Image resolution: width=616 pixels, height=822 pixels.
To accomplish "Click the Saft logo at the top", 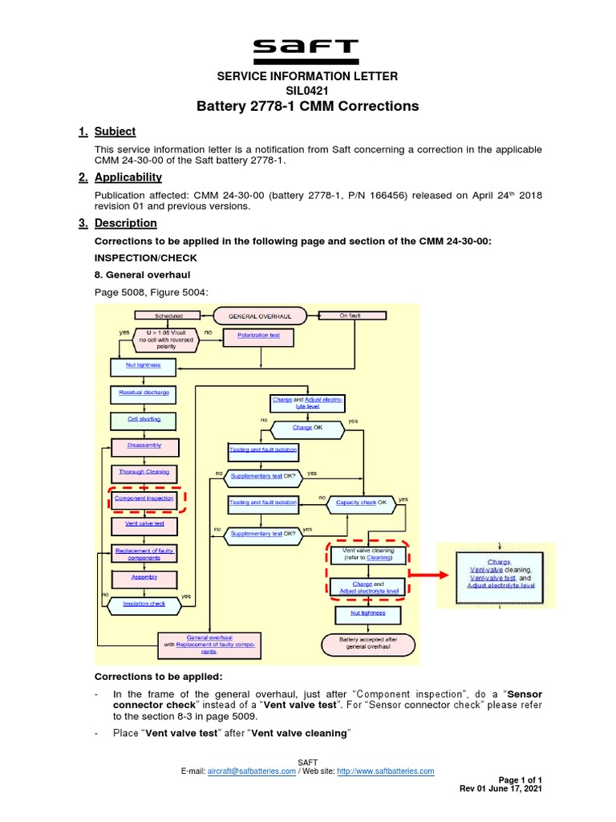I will click(x=307, y=50).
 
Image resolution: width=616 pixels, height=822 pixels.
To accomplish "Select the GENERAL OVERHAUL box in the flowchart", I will click(x=253, y=316).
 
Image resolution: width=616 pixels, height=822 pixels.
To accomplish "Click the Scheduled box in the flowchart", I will click(x=168, y=316).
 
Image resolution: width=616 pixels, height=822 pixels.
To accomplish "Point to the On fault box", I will click(x=350, y=315).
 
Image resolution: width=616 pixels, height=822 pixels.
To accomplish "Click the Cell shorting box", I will click(x=144, y=419).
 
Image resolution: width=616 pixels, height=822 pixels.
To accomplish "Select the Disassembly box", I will click(x=144, y=446).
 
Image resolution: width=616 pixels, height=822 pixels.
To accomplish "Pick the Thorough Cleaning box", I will click(x=144, y=472).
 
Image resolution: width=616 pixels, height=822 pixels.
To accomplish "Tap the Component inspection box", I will click(x=144, y=498).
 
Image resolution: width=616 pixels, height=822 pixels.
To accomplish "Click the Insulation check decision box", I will click(x=144, y=604).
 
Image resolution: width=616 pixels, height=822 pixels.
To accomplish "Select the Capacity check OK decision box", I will click(x=361, y=503).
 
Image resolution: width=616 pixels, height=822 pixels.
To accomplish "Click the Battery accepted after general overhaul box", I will click(x=367, y=642).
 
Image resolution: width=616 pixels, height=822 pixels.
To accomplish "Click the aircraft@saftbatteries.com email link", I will click(x=251, y=771).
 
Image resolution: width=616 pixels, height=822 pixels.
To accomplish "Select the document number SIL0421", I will click(x=308, y=90).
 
